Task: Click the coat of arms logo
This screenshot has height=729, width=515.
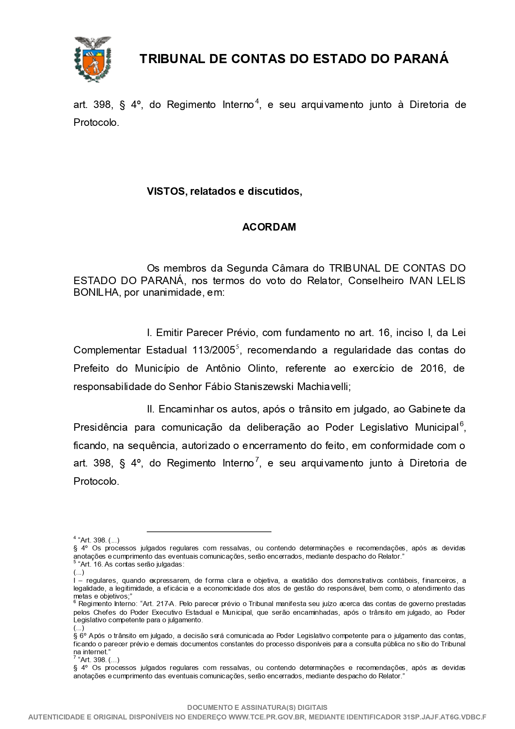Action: click(x=93, y=59)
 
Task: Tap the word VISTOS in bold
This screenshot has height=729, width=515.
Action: click(x=166, y=191)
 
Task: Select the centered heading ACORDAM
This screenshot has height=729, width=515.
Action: click(x=269, y=227)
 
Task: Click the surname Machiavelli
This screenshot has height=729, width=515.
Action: click(x=324, y=387)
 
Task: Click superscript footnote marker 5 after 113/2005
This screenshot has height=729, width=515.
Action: click(x=238, y=346)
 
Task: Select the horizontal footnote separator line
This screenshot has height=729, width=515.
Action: click(x=209, y=531)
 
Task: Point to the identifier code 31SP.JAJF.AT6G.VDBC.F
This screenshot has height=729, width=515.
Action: click(x=444, y=717)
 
